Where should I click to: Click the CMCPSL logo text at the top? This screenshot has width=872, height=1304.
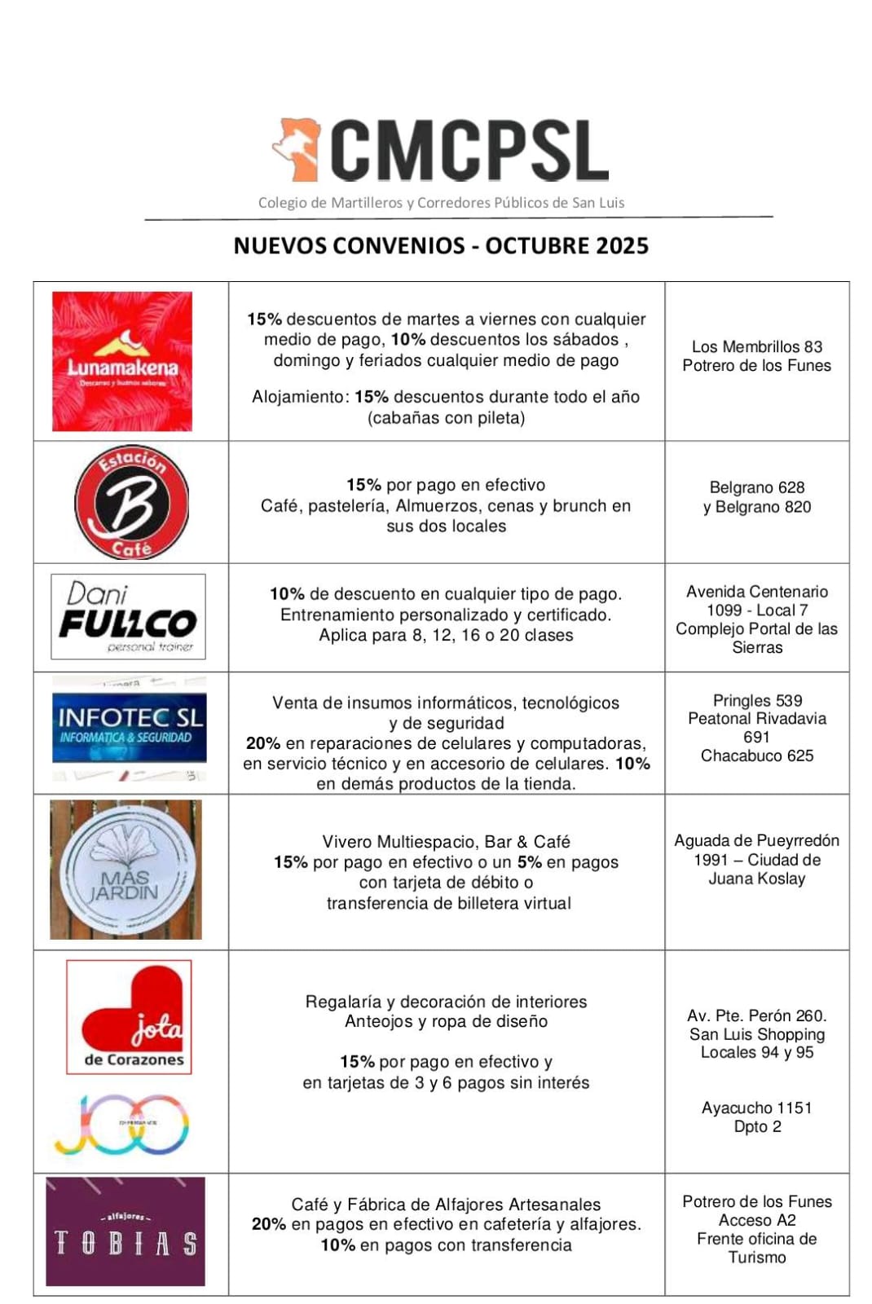point(469,151)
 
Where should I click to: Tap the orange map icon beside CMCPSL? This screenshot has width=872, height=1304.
point(296,149)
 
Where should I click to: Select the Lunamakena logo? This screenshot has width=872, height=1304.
point(122,361)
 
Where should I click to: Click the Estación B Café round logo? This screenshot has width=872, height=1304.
point(131,502)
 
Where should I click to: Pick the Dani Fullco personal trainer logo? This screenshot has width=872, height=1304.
point(128,617)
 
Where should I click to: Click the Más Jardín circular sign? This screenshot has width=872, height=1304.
point(125,870)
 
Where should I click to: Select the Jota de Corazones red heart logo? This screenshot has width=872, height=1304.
point(129,1016)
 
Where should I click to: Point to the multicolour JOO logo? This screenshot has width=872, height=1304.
point(122,1125)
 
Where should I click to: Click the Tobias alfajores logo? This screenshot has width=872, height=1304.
point(126,1231)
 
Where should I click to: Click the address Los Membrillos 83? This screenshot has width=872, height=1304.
point(757,347)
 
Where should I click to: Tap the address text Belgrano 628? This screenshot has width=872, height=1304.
point(757,487)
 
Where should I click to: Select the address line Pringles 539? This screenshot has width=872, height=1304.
point(757,701)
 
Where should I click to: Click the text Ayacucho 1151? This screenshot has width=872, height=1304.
point(757,1108)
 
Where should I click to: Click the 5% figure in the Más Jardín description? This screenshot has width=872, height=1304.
point(529,862)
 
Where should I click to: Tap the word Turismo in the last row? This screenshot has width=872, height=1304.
point(757,1258)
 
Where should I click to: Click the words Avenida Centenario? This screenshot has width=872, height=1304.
point(757,592)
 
